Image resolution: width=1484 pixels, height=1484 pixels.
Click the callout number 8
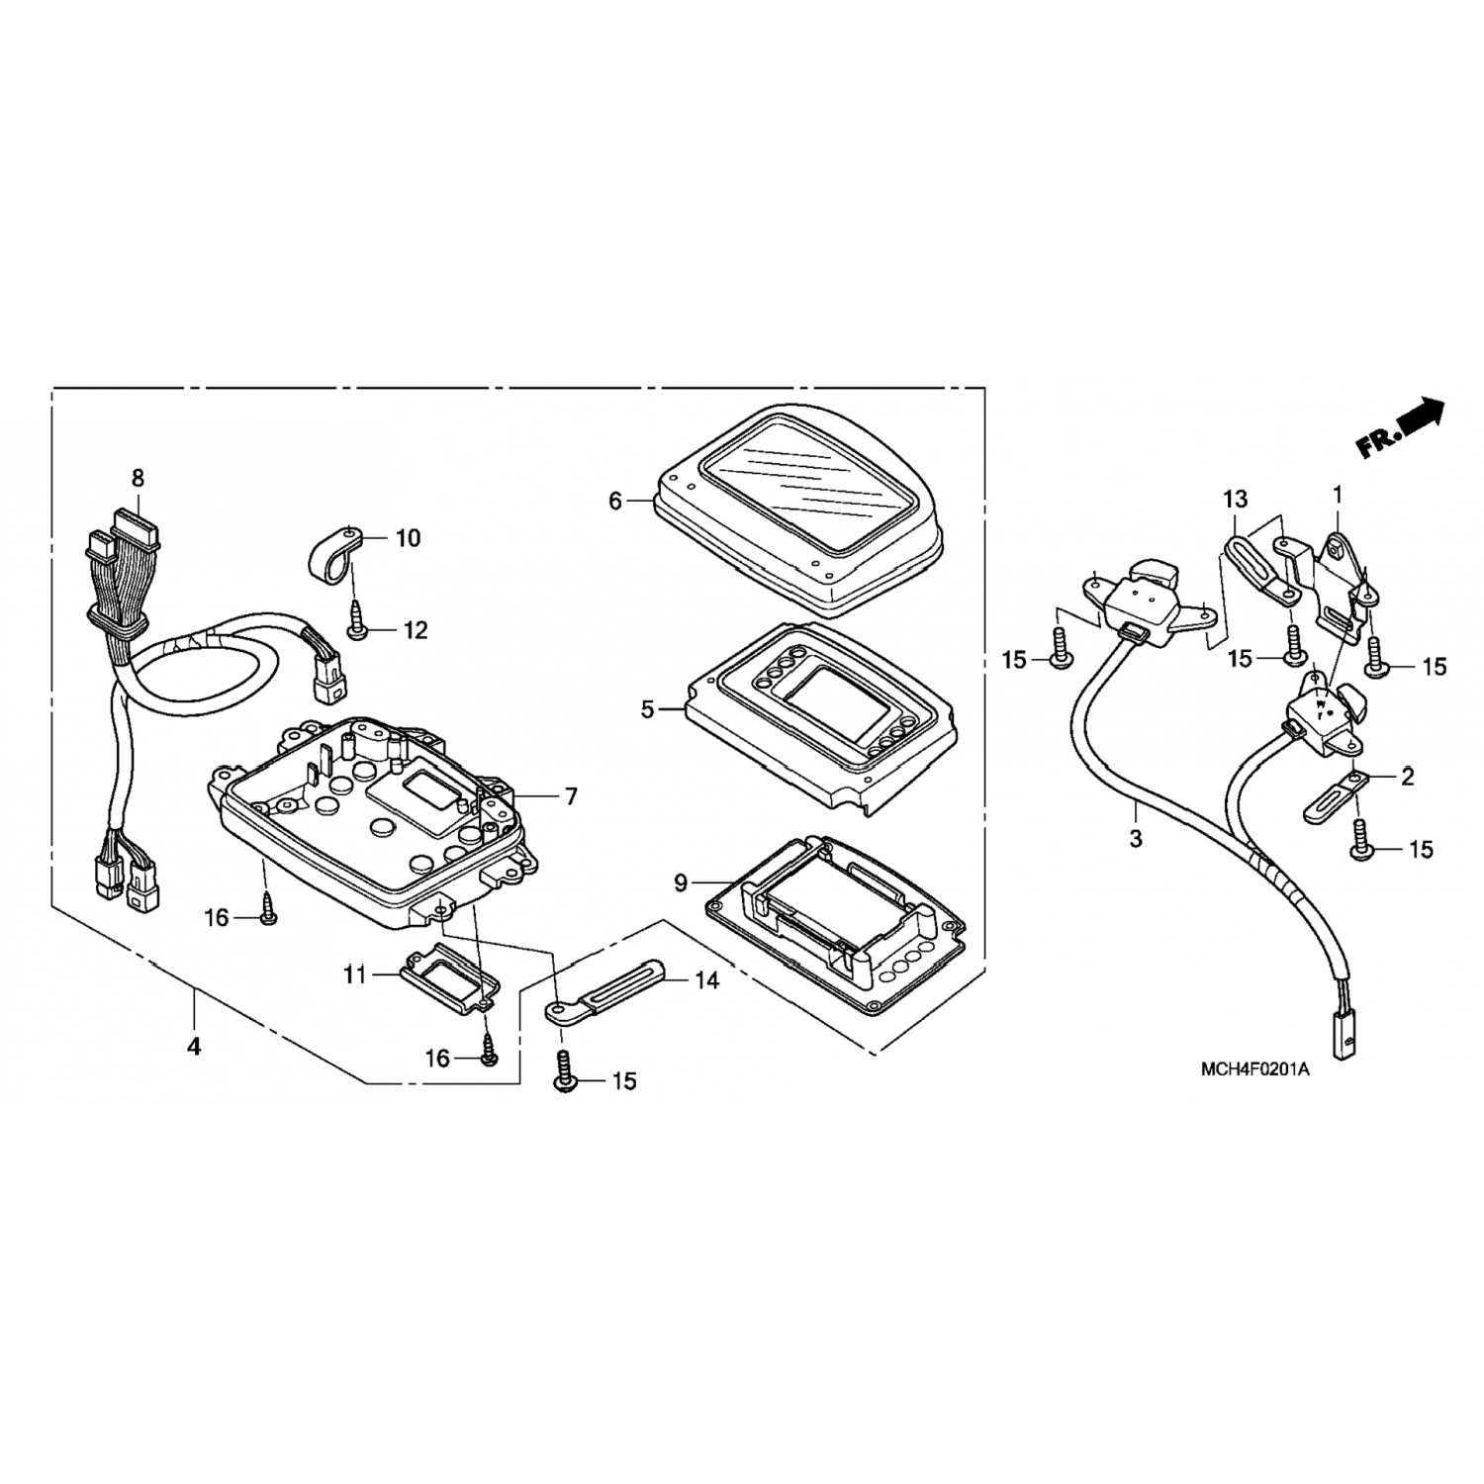(x=138, y=479)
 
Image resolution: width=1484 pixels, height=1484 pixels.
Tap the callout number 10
(x=409, y=538)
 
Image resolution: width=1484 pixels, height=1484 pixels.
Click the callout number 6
(x=615, y=502)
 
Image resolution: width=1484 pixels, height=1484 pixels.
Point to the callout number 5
(x=647, y=709)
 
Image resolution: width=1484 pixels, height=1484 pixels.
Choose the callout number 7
(x=571, y=796)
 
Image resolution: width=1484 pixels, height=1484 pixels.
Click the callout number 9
(x=681, y=882)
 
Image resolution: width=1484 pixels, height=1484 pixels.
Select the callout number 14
(x=707, y=980)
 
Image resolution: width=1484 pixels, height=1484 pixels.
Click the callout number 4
(x=195, y=1045)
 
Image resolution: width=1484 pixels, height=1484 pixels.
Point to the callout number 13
(x=1236, y=500)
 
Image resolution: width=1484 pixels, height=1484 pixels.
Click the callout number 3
(x=1136, y=839)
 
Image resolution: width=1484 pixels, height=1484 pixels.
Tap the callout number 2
(x=1407, y=777)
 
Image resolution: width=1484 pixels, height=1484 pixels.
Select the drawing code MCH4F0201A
(x=1254, y=1069)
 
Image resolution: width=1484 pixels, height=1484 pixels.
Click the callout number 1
(x=1338, y=492)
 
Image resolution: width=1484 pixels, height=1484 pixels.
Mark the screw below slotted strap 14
(x=563, y=1076)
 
